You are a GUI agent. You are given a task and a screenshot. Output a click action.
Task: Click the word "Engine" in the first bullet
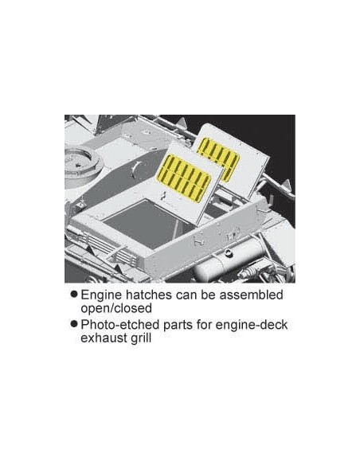click(x=101, y=295)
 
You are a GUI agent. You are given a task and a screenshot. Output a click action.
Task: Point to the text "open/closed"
click(x=116, y=308)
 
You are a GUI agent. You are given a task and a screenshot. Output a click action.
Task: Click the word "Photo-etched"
click(x=120, y=324)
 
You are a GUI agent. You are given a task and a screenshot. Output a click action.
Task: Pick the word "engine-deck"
click(x=251, y=325)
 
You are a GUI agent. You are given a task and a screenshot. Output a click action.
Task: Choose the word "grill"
click(x=140, y=338)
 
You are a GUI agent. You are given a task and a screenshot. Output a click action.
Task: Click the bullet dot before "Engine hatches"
click(x=74, y=294)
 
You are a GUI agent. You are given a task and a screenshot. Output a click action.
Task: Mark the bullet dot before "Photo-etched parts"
click(x=74, y=324)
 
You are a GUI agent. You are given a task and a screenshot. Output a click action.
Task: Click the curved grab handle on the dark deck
click(x=135, y=169)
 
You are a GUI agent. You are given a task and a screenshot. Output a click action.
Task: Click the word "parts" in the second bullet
click(x=178, y=325)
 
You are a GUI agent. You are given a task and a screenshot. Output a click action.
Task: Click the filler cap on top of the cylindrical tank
click(x=228, y=252)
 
